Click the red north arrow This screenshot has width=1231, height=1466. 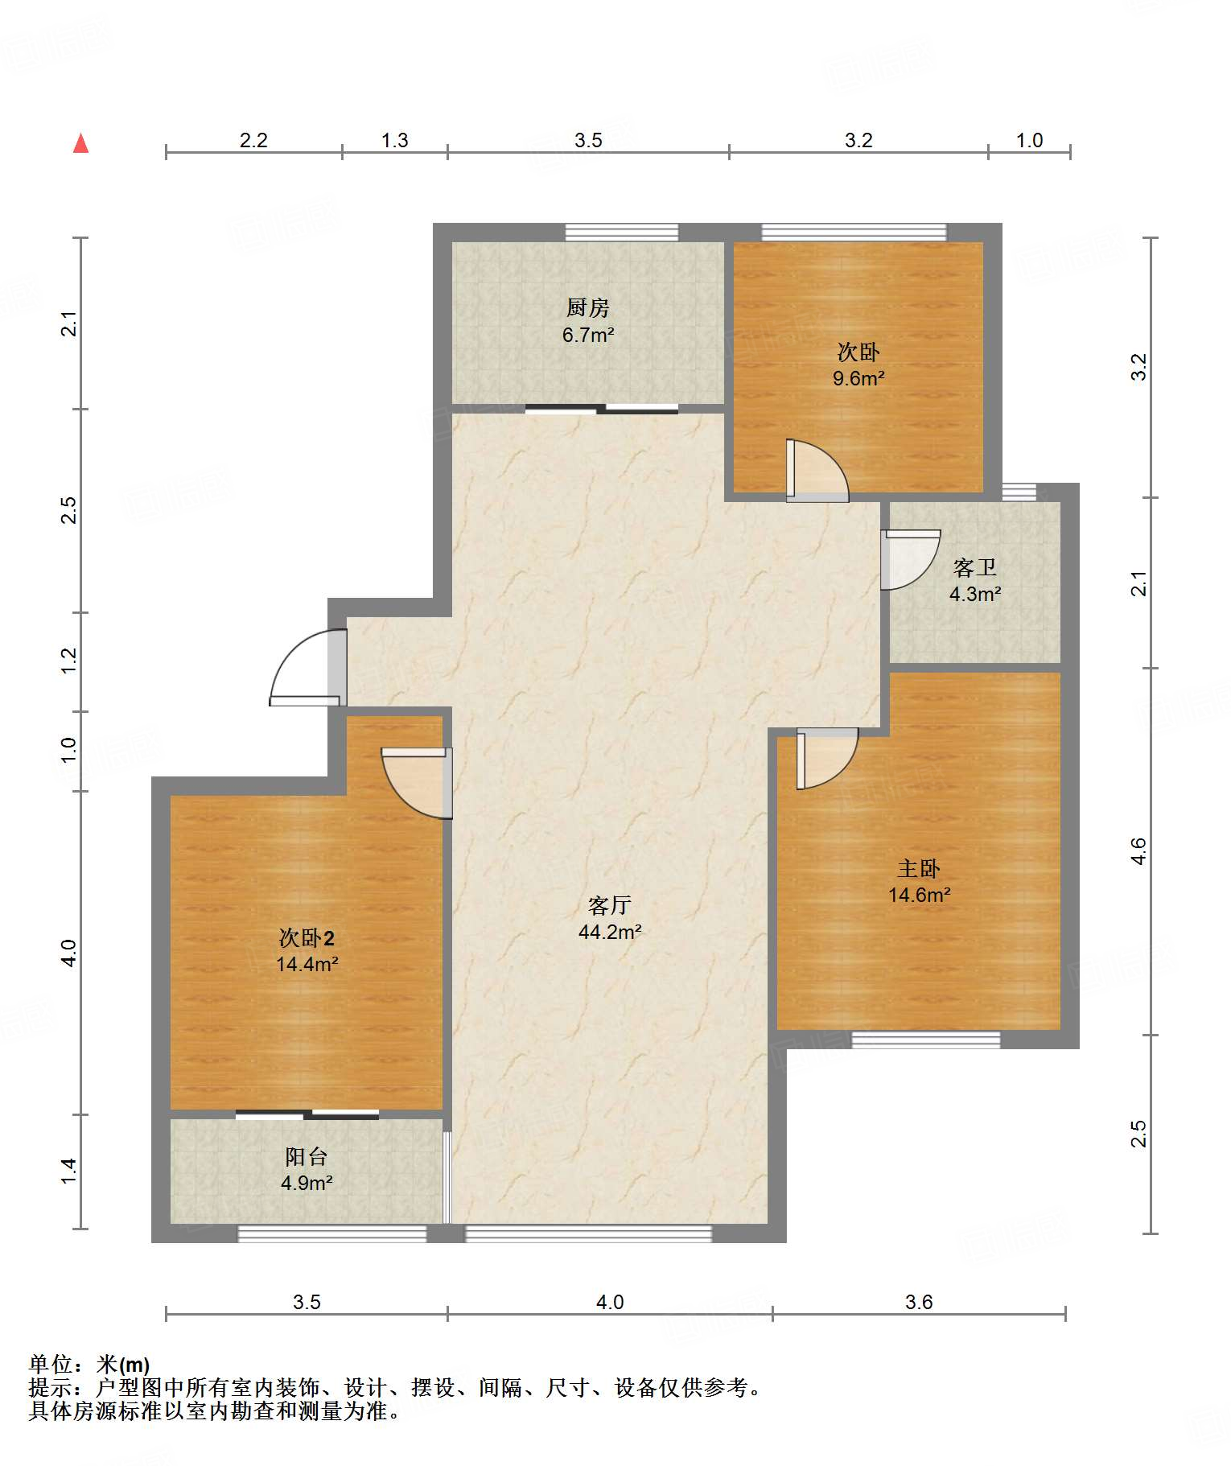click(x=80, y=143)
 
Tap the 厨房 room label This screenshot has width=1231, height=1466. click(x=587, y=307)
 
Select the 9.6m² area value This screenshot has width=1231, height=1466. click(x=858, y=378)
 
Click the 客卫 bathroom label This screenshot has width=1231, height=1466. click(x=974, y=568)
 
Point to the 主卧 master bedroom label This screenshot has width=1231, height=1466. click(x=919, y=869)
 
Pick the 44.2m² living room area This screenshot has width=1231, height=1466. click(x=610, y=933)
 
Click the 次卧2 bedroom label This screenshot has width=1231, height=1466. click(x=307, y=937)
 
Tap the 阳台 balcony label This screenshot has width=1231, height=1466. click(x=307, y=1157)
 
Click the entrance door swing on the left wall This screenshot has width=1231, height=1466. click(x=308, y=668)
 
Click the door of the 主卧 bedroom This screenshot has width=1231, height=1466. click(x=827, y=758)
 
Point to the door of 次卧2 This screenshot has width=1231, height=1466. click(x=417, y=783)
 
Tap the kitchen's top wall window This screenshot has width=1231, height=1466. click(x=621, y=233)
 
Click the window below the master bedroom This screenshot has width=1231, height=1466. click(x=926, y=1040)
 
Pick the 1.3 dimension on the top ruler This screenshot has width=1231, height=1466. click(x=394, y=141)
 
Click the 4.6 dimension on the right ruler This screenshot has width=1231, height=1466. click(x=1138, y=851)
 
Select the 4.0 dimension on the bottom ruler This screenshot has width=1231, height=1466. click(x=610, y=1302)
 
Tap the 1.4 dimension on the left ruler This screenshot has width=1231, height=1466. click(x=69, y=1171)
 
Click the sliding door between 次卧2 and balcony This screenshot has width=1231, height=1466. click(x=307, y=1114)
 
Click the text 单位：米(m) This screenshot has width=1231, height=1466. click(x=89, y=1364)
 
